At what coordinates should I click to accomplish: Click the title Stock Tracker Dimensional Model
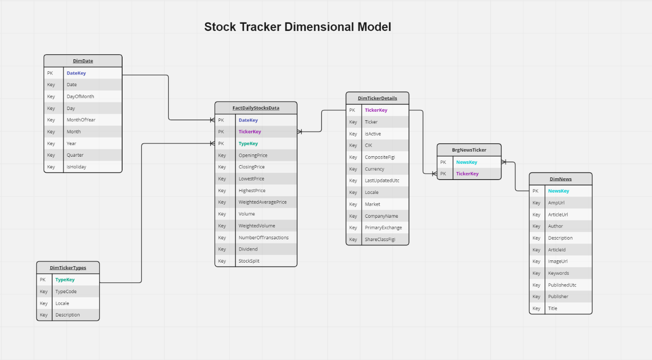297,27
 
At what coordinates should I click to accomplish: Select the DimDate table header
83,61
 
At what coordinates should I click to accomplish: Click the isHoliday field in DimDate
76,167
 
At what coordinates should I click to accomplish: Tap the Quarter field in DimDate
75,155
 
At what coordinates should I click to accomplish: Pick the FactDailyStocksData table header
256,108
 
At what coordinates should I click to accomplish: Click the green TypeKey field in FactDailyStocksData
248,144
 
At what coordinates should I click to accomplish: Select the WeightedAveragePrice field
262,202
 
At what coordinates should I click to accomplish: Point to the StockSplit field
249,261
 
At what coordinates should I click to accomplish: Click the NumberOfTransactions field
264,237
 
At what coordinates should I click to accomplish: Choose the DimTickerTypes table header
68,268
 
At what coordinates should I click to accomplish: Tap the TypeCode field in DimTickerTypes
66,291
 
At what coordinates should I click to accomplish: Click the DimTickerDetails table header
377,98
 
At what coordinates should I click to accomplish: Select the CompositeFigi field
380,157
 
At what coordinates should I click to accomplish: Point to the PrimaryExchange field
383,228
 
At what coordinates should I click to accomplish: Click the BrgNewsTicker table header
469,150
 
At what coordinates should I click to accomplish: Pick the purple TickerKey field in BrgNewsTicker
467,174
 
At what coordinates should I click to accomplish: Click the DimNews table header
560,179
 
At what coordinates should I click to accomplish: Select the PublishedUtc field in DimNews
562,285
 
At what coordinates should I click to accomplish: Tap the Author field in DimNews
555,226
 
